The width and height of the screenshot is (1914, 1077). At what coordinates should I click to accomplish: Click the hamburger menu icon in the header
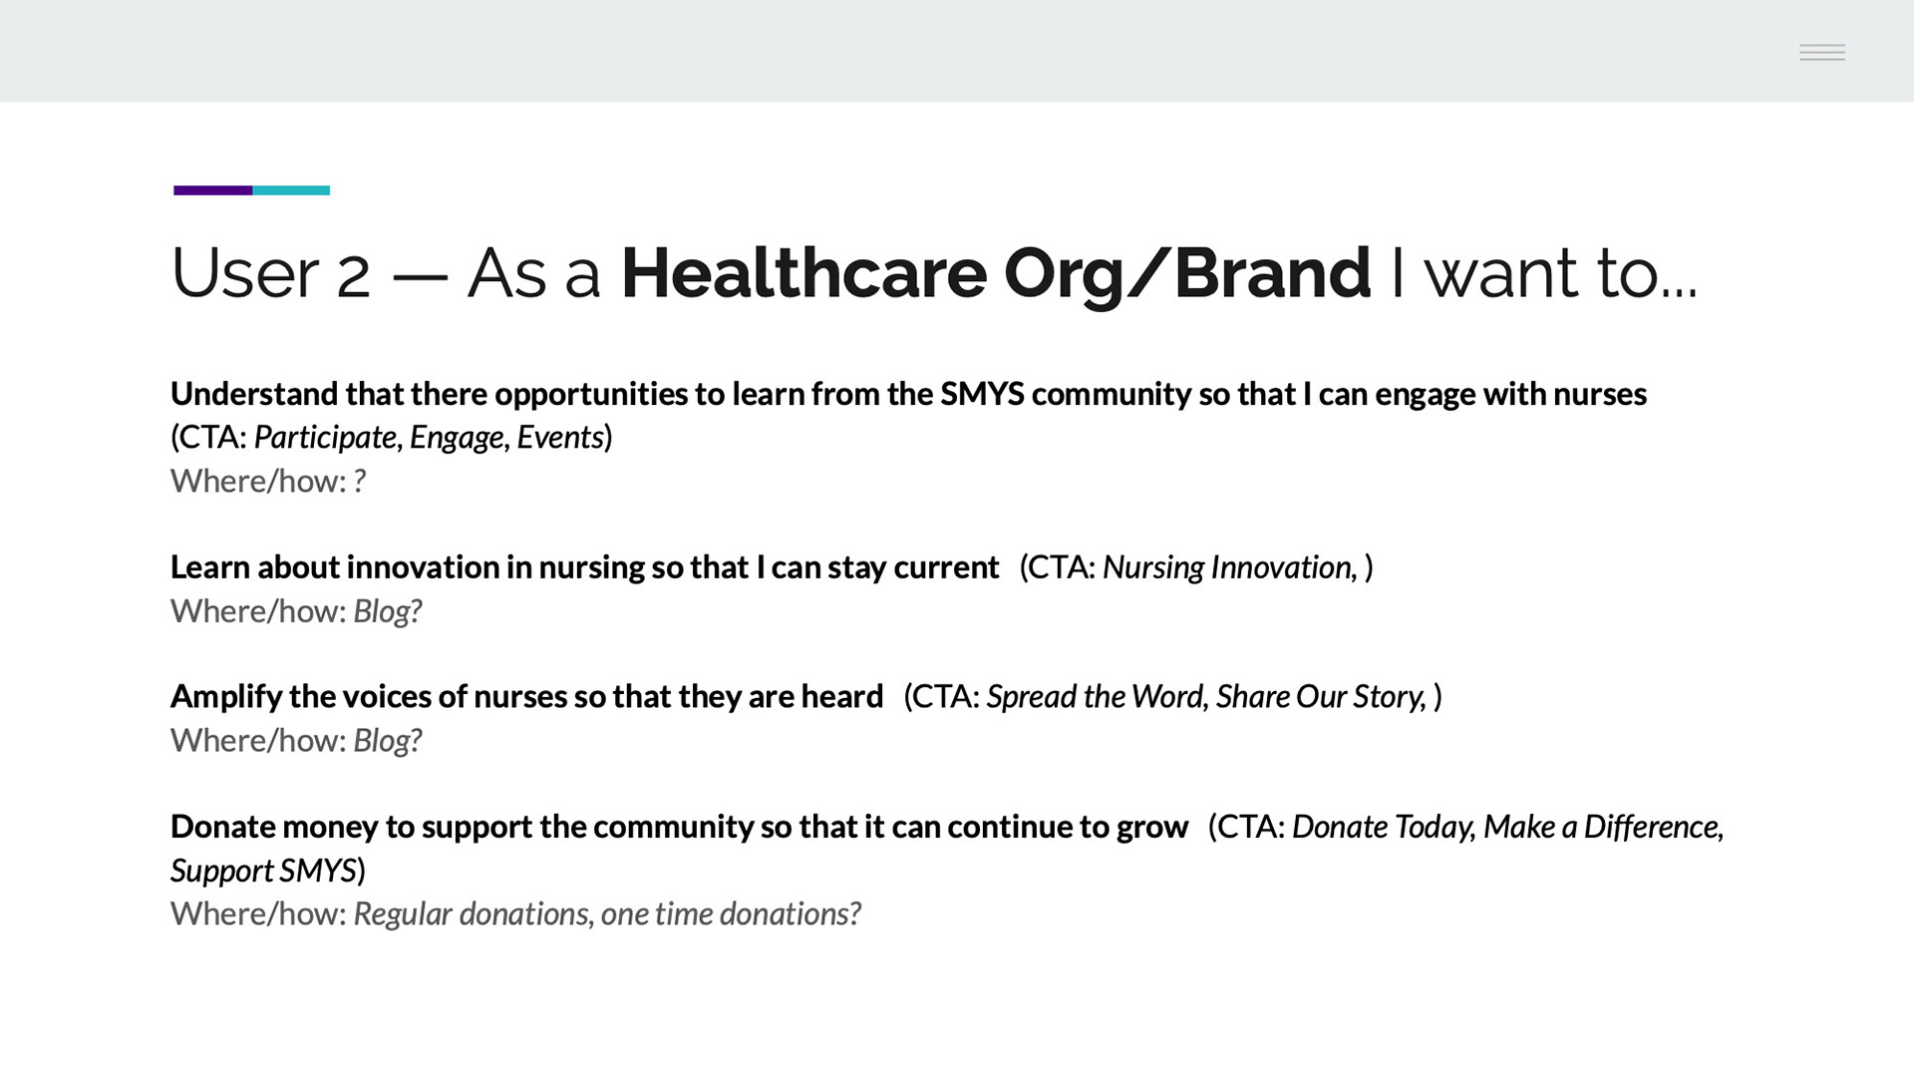pos(1822,52)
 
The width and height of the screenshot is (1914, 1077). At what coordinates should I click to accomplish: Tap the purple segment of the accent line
pos(212,190)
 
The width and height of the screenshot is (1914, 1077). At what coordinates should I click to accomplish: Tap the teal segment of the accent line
pos(291,190)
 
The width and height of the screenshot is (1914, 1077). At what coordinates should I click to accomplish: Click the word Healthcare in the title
pos(803,272)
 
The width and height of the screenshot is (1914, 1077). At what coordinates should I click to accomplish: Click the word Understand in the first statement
pos(254,394)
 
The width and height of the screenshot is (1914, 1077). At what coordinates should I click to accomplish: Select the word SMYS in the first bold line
pos(982,394)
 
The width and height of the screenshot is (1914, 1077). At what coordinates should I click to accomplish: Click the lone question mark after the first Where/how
pos(360,481)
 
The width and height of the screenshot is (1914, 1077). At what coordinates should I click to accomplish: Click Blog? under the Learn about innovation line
pos(388,611)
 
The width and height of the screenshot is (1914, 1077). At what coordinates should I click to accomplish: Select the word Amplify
pos(226,696)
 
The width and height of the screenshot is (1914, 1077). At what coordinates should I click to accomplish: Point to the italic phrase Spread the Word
pos(1096,696)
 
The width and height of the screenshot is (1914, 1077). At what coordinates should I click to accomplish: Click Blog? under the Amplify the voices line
pos(388,741)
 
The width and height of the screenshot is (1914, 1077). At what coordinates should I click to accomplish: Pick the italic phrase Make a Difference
pos(1601,827)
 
